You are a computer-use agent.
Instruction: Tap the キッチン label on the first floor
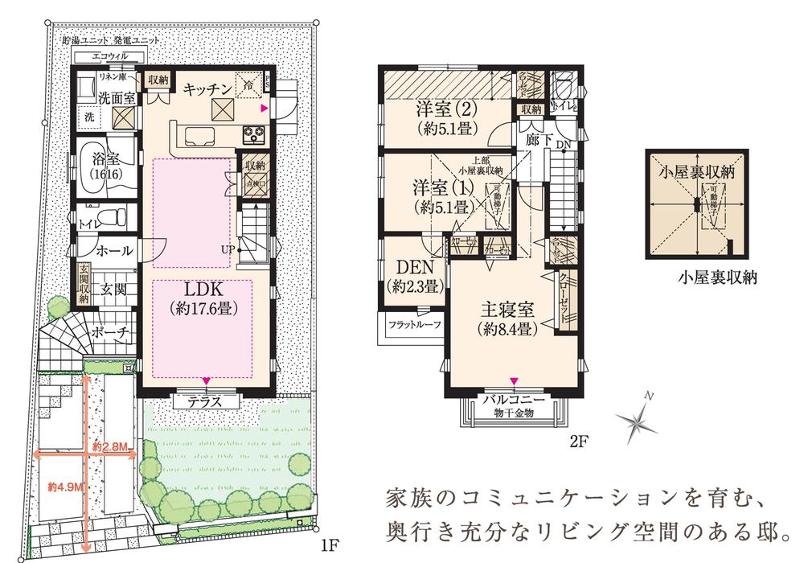pos(205,90)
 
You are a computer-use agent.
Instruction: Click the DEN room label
pos(415,266)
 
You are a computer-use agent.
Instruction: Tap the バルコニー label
pos(515,400)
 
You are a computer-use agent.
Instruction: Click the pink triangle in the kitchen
pos(263,106)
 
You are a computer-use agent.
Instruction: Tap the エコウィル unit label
pos(109,56)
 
